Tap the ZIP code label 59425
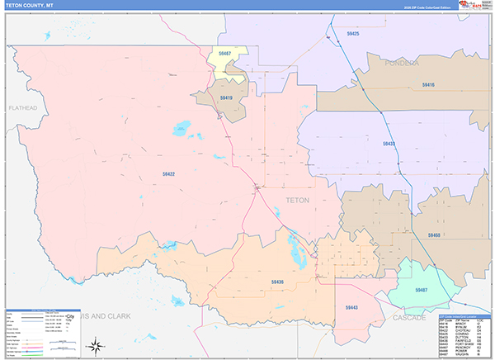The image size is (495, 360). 353,34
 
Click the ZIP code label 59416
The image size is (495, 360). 427,84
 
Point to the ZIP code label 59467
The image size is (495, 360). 225,54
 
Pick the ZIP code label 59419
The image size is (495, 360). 225,97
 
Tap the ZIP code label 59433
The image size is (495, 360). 389,144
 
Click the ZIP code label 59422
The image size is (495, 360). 168,174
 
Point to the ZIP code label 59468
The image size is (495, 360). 434,235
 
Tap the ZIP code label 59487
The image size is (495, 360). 421,291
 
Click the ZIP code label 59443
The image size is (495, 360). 351,307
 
